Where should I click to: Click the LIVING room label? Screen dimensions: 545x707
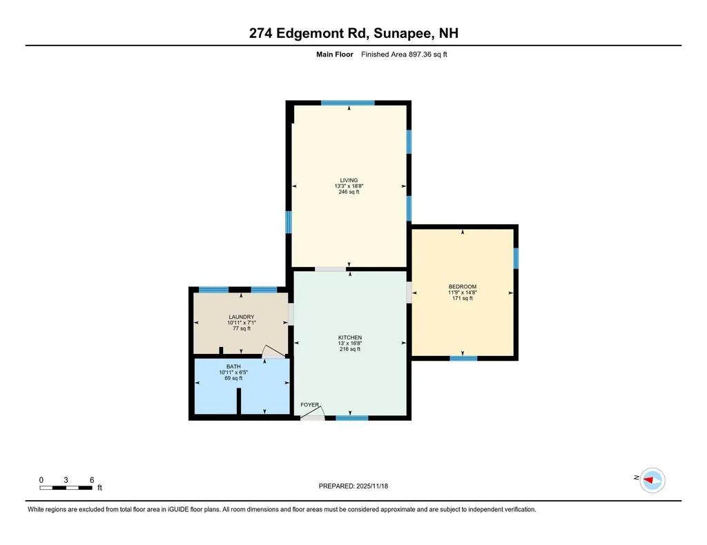349,180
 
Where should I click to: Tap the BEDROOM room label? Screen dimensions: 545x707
463,287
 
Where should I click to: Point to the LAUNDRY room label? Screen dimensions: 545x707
241,317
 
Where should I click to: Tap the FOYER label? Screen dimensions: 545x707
310,405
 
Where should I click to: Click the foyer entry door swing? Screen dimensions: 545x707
313,413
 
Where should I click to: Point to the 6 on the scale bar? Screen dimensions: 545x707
91,479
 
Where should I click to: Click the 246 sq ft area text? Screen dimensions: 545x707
349,192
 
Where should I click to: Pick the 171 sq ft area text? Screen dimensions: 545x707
463,299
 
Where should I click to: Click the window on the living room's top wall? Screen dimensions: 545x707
348,103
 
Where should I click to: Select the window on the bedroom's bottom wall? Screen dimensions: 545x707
463,358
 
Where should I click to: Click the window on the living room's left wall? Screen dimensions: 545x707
289,222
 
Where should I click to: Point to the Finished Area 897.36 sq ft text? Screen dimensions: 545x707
404,54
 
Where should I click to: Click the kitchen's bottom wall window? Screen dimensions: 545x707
352,417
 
